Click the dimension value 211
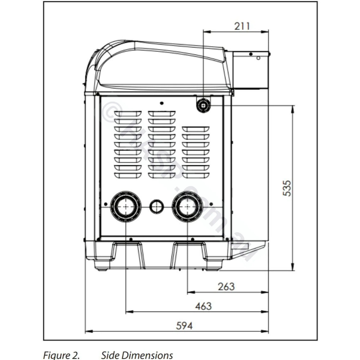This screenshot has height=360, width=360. pos(242,26)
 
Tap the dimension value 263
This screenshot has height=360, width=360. pos(226,286)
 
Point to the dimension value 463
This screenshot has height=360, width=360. pos(203,306)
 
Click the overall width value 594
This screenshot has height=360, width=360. pos(184,326)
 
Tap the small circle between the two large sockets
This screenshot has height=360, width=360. pos(157,206)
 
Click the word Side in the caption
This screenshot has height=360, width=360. pos(109,355)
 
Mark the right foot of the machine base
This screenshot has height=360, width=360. pos(189,255)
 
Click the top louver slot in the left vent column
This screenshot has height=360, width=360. pos(128,114)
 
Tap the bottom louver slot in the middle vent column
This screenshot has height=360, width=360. pos(162,175)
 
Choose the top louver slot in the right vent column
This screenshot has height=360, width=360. pos(196,129)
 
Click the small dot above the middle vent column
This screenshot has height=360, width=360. pos(161,103)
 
